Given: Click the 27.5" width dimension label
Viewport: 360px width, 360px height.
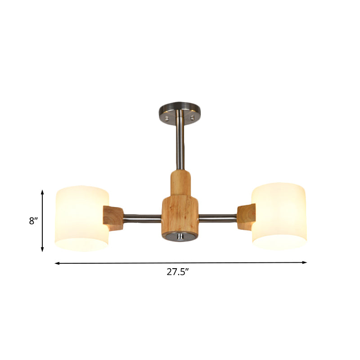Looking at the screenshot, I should click(180, 272).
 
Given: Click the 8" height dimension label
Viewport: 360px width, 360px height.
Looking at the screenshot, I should click(32, 221).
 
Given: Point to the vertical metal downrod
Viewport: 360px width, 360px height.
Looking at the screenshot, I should click(180, 144).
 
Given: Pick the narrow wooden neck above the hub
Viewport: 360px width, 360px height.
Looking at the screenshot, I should click(180, 183).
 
